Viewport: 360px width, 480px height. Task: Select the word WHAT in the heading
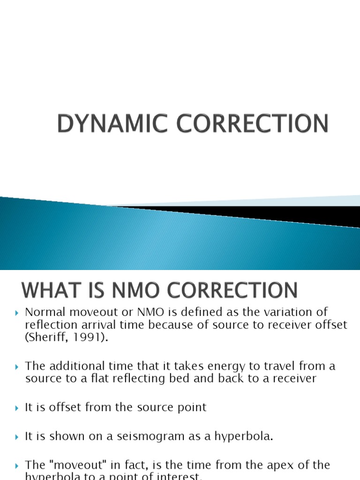click(50, 290)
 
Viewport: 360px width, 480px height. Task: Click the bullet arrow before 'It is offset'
click(17, 408)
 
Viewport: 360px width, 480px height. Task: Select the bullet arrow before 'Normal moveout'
click(17, 313)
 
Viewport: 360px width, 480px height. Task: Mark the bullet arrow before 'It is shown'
click(17, 437)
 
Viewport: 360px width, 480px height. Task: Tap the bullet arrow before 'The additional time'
click(17, 366)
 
